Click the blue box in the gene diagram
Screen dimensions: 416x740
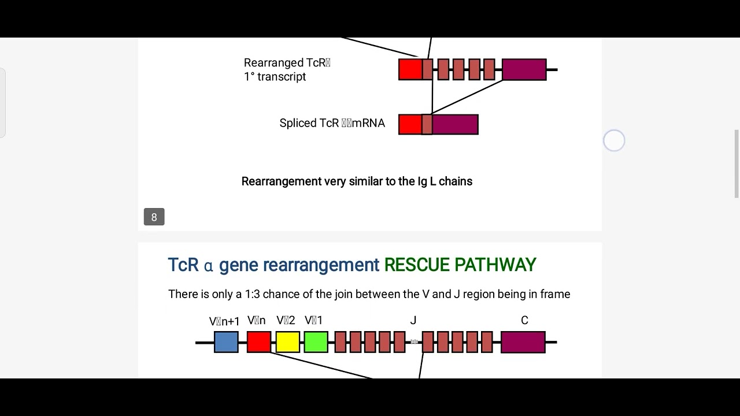(226, 342)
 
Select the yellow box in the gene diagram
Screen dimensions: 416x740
(287, 342)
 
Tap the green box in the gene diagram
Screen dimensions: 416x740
(316, 342)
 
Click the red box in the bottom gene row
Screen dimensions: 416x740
(258, 342)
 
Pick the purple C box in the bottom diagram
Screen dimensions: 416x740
(523, 342)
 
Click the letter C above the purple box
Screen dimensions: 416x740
(524, 321)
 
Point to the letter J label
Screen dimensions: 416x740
(413, 321)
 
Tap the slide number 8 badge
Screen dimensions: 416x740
(154, 217)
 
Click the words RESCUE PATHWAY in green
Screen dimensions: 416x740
(460, 265)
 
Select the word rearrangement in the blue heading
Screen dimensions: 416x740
(321, 265)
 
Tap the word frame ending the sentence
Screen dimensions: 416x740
(555, 294)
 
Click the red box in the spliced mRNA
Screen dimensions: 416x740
(410, 125)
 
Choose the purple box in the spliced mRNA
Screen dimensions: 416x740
(455, 125)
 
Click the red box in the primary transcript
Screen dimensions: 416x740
(410, 69)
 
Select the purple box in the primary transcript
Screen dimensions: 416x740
(524, 69)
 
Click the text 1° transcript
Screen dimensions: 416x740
(275, 77)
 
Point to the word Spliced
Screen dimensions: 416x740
(298, 123)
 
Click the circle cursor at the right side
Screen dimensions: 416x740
(614, 140)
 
